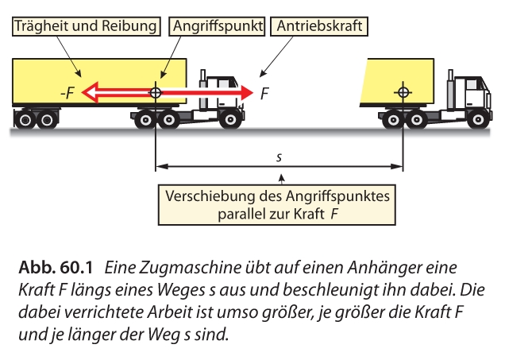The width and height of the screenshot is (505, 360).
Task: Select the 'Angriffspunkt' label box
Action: tap(218, 26)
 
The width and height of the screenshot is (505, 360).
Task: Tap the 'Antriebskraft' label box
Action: tap(320, 26)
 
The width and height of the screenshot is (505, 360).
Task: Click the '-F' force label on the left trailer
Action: tap(67, 93)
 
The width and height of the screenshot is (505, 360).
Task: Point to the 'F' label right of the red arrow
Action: tap(264, 94)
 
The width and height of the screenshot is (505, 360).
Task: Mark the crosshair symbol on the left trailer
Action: tap(156, 92)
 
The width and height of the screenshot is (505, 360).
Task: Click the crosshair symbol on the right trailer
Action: tap(403, 92)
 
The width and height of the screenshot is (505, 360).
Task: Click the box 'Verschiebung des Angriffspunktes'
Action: tap(279, 206)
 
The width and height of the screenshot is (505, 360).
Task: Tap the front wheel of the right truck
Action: tap(476, 120)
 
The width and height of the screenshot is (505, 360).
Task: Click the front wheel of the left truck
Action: tap(230, 120)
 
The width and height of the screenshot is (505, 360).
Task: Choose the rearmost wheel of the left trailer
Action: tap(25, 121)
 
